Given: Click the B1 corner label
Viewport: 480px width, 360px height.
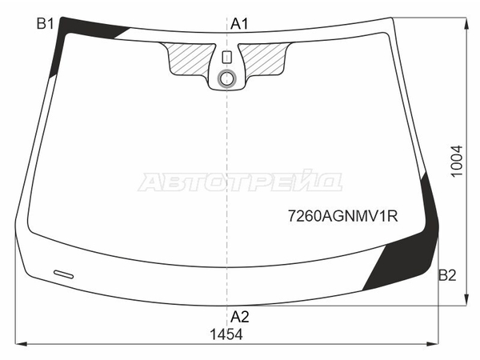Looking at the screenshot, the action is point(46,23).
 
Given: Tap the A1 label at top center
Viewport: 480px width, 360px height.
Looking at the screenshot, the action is point(239,23).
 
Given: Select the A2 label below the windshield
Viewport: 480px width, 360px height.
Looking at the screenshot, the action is point(240,317).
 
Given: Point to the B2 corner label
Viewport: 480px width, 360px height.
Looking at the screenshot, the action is point(447,275).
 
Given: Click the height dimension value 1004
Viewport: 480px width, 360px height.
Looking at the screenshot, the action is point(457,162).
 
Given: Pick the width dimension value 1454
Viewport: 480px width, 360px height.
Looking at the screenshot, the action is point(226,334).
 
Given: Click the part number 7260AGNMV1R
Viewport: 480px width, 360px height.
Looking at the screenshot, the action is point(343,217).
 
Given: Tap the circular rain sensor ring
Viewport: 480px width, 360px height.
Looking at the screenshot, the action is point(227,78).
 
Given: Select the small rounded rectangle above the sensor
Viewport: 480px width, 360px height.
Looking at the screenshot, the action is point(227,58).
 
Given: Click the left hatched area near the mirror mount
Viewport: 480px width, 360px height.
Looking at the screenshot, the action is point(188,58).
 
